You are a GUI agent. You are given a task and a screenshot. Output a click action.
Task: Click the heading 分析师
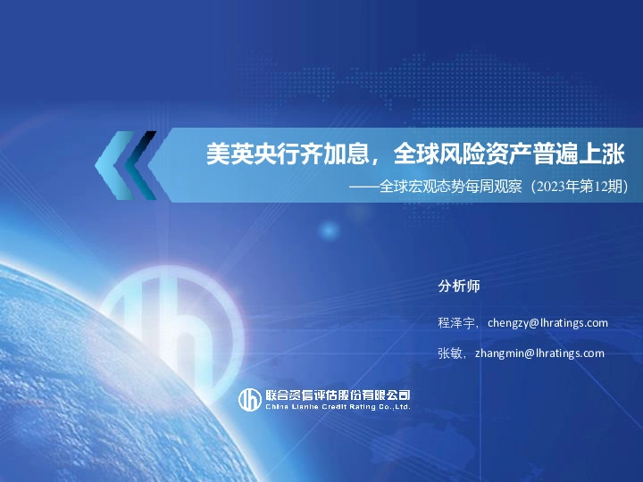(459, 287)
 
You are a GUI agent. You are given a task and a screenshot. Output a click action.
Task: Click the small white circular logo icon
(248, 399)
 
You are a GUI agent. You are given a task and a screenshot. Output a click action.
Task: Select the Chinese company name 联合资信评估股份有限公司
(338, 395)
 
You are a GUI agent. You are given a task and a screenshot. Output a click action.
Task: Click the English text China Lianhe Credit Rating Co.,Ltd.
(338, 406)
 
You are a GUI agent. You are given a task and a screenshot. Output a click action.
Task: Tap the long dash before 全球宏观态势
(363, 188)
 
